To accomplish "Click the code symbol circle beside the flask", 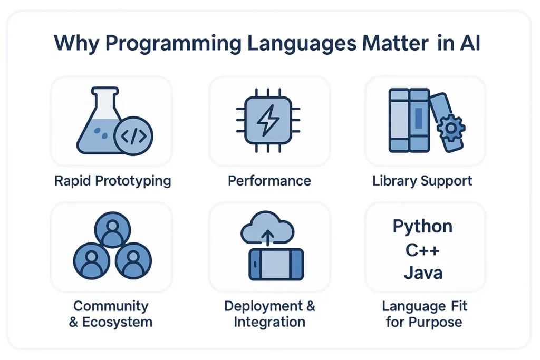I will [133, 135].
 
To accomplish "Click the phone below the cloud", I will [276, 264].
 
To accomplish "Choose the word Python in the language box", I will [422, 227].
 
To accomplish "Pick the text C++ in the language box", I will [422, 249].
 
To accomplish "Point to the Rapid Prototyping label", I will [112, 181].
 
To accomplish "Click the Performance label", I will [269, 181].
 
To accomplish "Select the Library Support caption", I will [422, 181].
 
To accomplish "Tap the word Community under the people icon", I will [111, 306].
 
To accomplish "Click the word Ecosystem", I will [117, 322].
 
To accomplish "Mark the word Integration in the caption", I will [269, 322].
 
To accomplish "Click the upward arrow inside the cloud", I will [268, 239].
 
